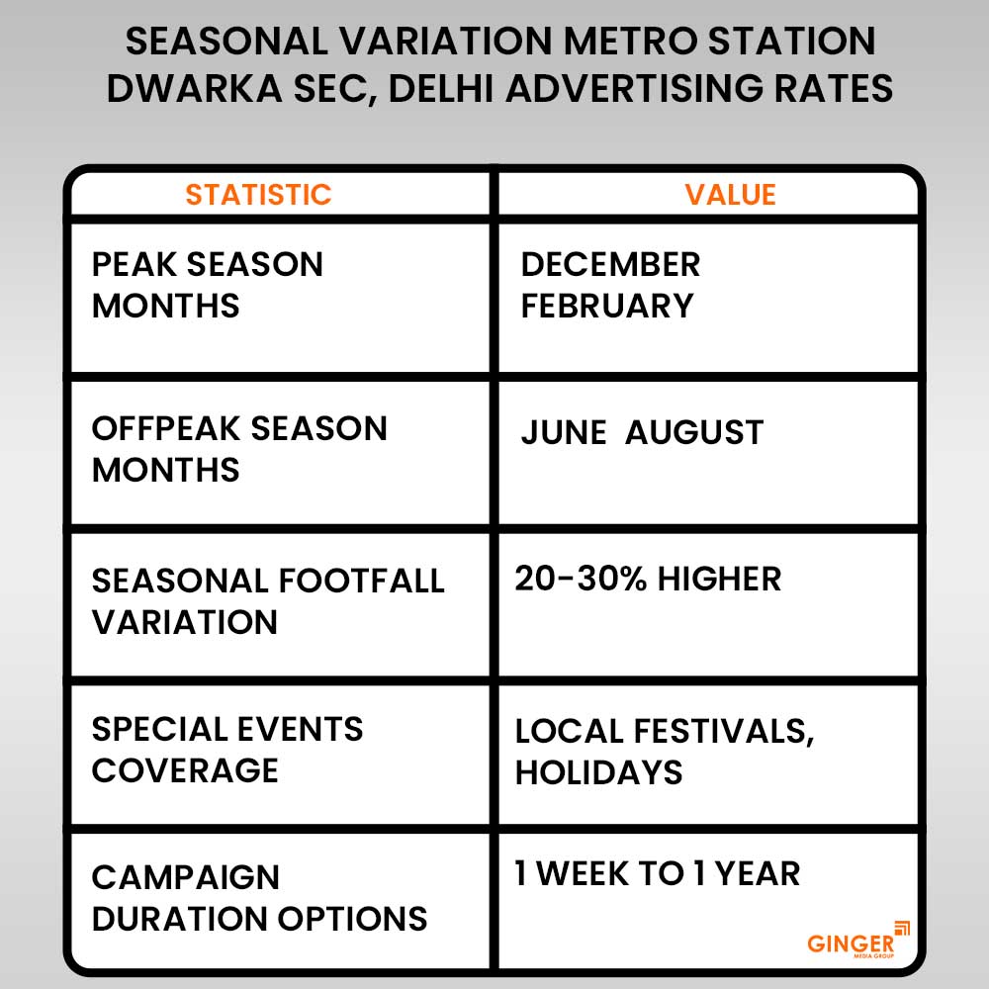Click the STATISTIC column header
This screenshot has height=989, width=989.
pos(258,194)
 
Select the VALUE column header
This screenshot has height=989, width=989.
pos(730,194)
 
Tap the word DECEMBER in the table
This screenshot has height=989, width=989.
pos(610,264)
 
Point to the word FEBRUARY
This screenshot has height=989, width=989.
pos(607,306)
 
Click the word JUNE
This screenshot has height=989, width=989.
pos(563,432)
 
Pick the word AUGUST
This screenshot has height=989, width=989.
pos(694,432)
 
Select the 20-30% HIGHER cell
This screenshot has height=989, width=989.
pos(648,579)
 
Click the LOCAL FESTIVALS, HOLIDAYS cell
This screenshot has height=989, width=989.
pos(664,751)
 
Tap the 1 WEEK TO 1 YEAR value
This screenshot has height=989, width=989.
pos(657,873)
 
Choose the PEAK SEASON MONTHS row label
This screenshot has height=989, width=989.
pos(208,285)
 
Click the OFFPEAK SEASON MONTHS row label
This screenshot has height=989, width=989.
pos(239,449)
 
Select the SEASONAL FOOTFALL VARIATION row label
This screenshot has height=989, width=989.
pos(268,600)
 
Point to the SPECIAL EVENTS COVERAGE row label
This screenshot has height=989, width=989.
pos(227,750)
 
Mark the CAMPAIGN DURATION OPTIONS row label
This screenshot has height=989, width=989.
pos(259,897)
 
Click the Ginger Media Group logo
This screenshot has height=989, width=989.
pos(857,940)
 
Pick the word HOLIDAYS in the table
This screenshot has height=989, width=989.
pos(598,772)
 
